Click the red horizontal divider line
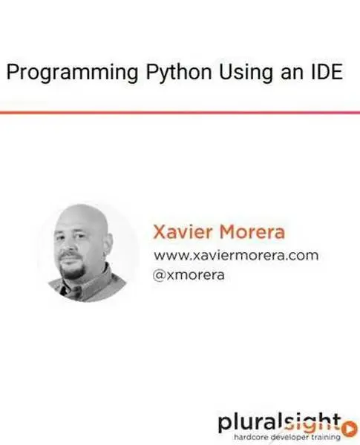(x=180, y=113)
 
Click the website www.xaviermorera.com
(x=235, y=255)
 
